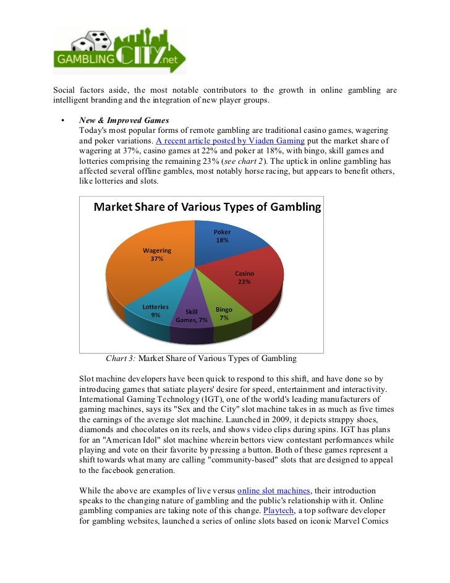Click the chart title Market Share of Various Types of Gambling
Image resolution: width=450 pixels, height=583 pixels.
pyautogui.click(x=207, y=207)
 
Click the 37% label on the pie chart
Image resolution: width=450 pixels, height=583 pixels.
pyautogui.click(x=157, y=258)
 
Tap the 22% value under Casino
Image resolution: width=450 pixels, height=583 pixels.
pyautogui.click(x=244, y=282)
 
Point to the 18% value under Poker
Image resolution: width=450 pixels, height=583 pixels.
pyautogui.click(x=223, y=240)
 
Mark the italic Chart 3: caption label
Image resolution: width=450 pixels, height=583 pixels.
pyautogui.click(x=121, y=358)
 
